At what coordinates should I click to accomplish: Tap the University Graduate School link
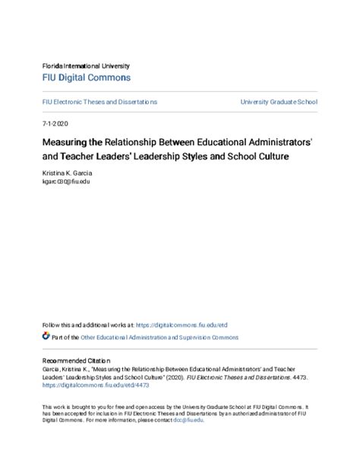pos(279,102)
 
